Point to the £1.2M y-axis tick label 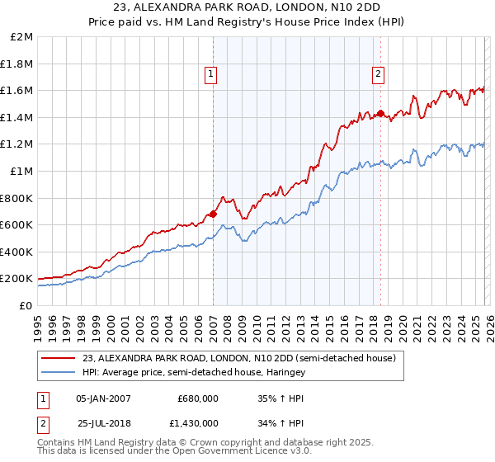coord(19,144)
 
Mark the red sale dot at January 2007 coord(213,214)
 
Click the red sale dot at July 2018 coord(380,113)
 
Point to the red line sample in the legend coord(57,358)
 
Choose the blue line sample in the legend coord(57,373)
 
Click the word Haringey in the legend coord(284,373)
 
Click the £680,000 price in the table coord(198,398)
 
